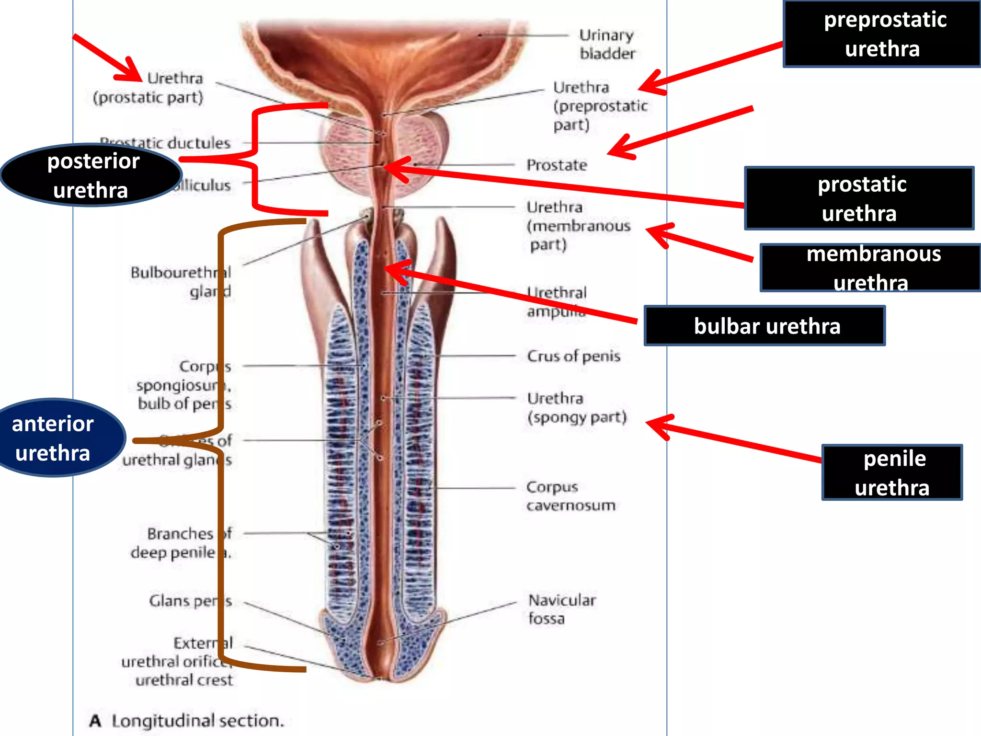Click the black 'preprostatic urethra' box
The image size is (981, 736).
(x=882, y=34)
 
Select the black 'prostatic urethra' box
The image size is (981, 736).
(x=859, y=198)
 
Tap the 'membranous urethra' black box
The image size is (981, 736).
(x=870, y=268)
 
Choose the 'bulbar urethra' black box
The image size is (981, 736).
(x=764, y=326)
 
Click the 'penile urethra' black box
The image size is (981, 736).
(x=892, y=472)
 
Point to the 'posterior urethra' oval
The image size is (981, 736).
(x=91, y=175)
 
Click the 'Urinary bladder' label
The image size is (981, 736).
(x=607, y=44)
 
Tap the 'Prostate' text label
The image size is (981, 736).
(x=557, y=165)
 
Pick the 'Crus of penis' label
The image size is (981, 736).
(x=573, y=356)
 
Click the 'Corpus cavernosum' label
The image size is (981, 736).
(x=570, y=496)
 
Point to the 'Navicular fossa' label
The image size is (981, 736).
(x=561, y=609)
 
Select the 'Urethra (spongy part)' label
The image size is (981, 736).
(x=577, y=408)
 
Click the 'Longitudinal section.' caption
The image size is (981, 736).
(x=197, y=721)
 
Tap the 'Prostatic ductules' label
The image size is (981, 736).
(x=165, y=143)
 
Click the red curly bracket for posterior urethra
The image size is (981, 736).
(x=255, y=158)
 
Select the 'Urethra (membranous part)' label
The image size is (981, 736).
(x=578, y=226)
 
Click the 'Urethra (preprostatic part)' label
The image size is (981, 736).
(x=600, y=106)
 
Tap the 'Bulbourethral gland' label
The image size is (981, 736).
(x=181, y=282)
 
